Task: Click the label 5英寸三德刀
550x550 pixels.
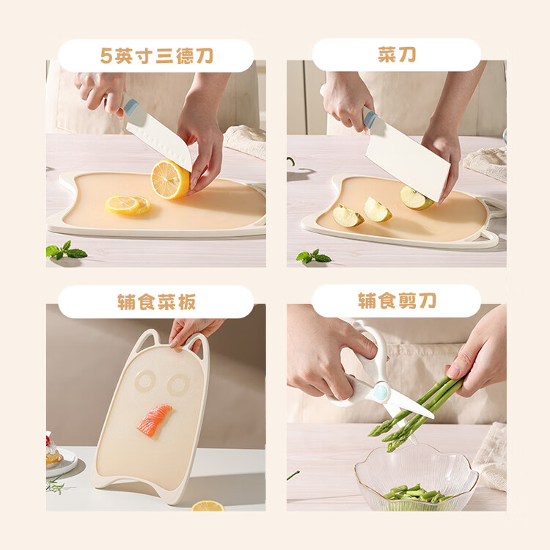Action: click(x=156, y=56)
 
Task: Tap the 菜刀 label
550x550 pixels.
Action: click(x=397, y=55)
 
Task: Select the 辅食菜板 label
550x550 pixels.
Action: click(x=156, y=302)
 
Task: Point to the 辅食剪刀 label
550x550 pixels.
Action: click(x=397, y=301)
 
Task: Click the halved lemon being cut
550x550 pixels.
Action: click(x=170, y=179)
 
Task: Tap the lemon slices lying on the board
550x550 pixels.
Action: click(x=128, y=205)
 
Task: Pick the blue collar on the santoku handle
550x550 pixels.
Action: click(x=131, y=105)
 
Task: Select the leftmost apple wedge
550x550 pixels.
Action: click(x=348, y=216)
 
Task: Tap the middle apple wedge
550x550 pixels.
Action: click(x=377, y=210)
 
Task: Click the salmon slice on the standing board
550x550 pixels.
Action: click(x=154, y=420)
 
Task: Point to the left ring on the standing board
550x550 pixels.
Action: click(x=145, y=381)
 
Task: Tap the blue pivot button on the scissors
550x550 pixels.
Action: click(x=381, y=392)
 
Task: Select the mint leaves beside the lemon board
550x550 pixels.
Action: click(x=66, y=250)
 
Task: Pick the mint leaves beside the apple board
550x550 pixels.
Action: click(x=313, y=257)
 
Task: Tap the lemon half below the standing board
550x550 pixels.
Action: click(x=208, y=506)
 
